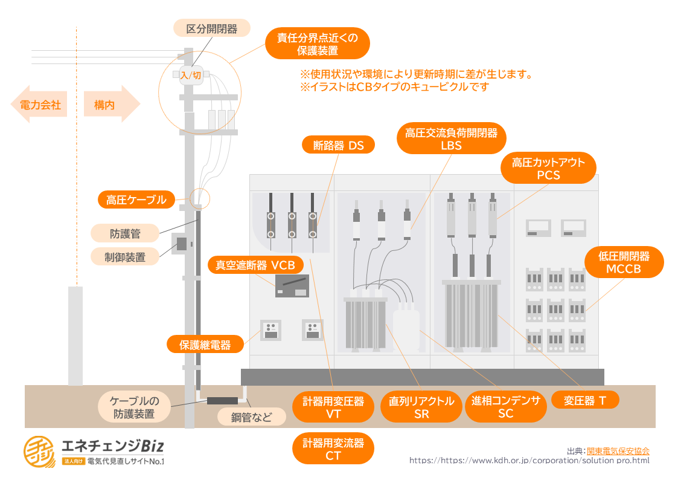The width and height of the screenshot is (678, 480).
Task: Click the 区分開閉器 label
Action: pos(211,28)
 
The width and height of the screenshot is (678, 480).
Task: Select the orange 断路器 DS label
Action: pos(338,145)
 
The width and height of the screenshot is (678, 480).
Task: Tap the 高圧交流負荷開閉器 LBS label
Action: pos(451,138)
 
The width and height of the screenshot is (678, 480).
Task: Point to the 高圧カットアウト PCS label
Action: pos(548,168)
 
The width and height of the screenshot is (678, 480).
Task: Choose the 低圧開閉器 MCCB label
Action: pos(624,262)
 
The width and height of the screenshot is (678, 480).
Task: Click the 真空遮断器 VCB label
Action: pos(255,265)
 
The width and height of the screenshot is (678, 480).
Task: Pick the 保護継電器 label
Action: pos(205,345)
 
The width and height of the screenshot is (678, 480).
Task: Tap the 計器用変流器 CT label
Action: pos(333,449)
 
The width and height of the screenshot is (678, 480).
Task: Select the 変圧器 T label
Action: pos(585,400)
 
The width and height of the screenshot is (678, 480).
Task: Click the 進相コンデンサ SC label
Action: pos(505,407)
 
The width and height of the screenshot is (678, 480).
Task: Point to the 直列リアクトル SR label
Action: pos(421,407)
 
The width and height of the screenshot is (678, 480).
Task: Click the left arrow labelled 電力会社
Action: pos(39,105)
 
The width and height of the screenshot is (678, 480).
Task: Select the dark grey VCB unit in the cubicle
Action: pos(292,286)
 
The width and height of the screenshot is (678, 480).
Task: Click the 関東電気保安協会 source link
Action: pos(618,451)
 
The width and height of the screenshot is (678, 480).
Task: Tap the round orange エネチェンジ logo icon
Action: pos(39,452)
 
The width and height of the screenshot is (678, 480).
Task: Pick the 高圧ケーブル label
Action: pos(136,199)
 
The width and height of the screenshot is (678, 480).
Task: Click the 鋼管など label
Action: pos(251,417)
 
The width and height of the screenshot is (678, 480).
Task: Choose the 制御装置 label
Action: pos(125,257)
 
